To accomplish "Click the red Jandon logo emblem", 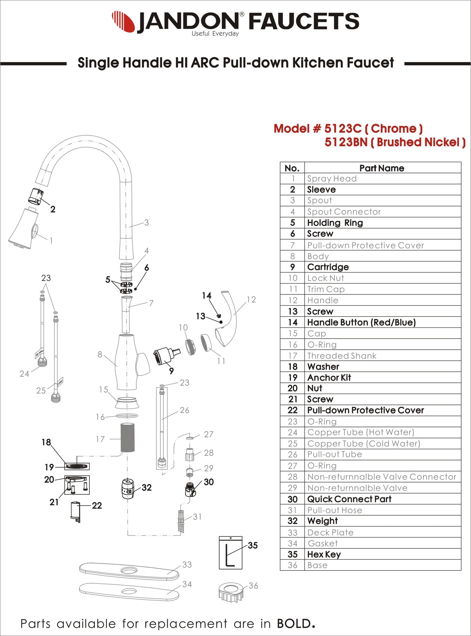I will [x=123, y=22].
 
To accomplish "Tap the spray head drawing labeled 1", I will [x=23, y=229].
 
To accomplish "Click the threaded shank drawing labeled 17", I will [x=127, y=437].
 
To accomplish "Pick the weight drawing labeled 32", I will [x=128, y=489].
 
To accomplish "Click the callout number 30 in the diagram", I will [x=209, y=482].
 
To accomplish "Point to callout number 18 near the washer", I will [x=46, y=442].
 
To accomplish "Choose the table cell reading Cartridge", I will [x=328, y=267].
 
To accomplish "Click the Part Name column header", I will [x=382, y=168].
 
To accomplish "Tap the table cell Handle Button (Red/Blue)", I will [x=361, y=322].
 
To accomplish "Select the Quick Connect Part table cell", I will [x=349, y=499].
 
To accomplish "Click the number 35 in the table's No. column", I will [x=292, y=554].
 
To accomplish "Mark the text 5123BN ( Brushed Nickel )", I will [x=395, y=142].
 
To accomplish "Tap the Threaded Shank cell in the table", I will [x=342, y=356].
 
